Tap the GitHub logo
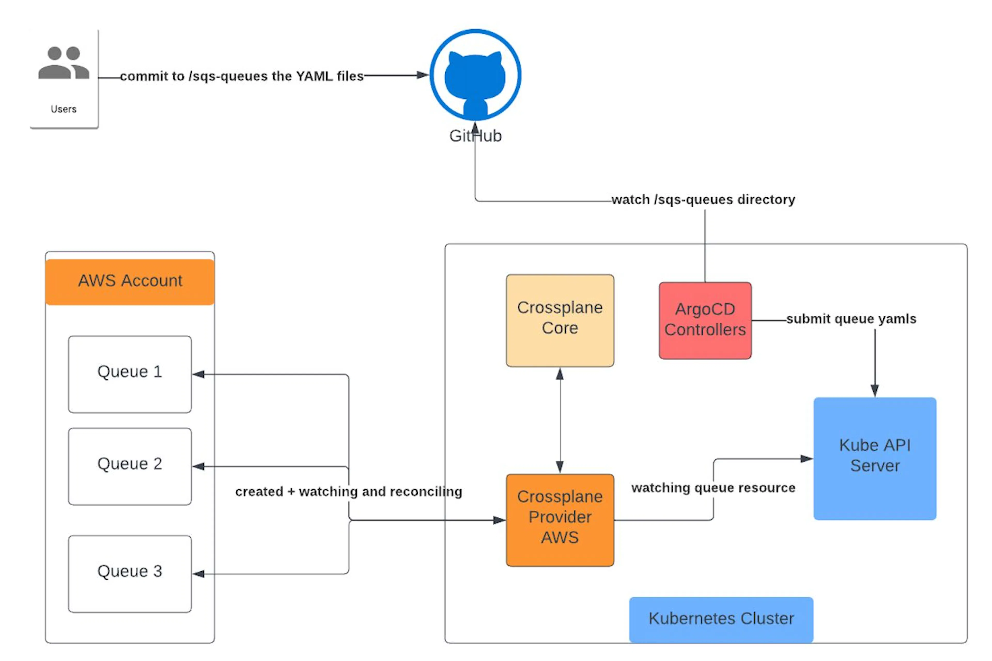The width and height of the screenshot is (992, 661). pyautogui.click(x=475, y=75)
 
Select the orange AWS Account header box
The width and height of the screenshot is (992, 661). pyautogui.click(x=130, y=282)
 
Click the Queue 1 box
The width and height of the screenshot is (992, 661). pyautogui.click(x=130, y=374)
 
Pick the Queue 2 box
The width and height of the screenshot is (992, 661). pyautogui.click(x=130, y=466)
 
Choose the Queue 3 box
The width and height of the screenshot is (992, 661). pyautogui.click(x=130, y=574)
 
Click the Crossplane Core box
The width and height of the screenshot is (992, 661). pyautogui.click(x=560, y=320)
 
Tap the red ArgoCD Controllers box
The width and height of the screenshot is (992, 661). pyautogui.click(x=705, y=320)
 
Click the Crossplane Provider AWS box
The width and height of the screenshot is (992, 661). pyautogui.click(x=560, y=520)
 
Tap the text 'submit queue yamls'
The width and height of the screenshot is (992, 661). pyautogui.click(x=851, y=319)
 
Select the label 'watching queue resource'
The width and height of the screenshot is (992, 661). pyautogui.click(x=713, y=488)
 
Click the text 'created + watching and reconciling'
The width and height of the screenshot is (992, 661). pyautogui.click(x=349, y=492)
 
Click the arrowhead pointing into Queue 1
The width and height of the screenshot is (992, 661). pyautogui.click(x=198, y=374)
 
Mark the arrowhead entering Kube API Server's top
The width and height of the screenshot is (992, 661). pyautogui.click(x=875, y=391)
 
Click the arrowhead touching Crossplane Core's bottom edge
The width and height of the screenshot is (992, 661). pyautogui.click(x=560, y=374)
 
